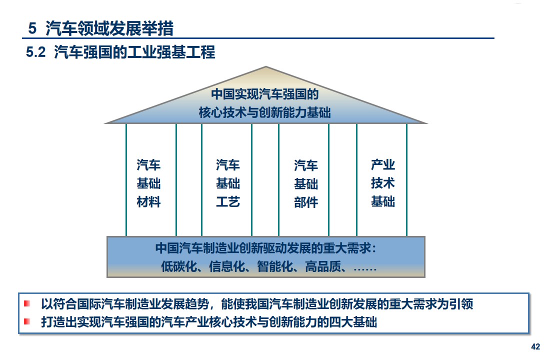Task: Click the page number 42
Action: coord(535,346)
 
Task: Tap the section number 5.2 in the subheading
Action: coord(35,52)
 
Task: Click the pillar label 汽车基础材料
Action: coord(148,183)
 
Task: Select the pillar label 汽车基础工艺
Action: coord(228,183)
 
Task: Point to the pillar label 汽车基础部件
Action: coord(306,183)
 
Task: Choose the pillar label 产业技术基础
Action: coord(383,183)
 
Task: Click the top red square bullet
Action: coord(27,303)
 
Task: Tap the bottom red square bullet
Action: coord(27,321)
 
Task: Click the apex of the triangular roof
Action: coord(266,66)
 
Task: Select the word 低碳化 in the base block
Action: coord(178,266)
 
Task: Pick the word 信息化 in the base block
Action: coord(226,266)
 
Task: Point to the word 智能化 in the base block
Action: coord(274,266)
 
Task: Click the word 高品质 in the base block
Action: coord(322,266)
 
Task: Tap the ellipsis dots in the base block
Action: coord(365,269)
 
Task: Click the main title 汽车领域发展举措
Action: coord(109,28)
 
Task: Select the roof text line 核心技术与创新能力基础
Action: coord(264,112)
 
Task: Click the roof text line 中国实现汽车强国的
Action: coord(265,94)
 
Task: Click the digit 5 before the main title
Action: coord(32,28)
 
